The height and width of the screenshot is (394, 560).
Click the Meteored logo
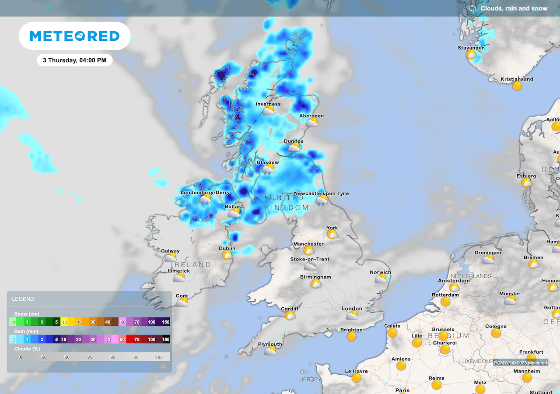tap(74, 36)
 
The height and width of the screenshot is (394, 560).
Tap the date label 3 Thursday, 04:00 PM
tap(74, 60)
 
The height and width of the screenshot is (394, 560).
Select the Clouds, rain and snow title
tap(514, 8)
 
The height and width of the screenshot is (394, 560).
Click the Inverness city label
tap(268, 104)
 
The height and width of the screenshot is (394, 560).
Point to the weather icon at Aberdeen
tap(311, 123)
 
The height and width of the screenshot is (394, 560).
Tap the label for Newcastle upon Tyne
tap(321, 193)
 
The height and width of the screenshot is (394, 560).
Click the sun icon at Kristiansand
tap(517, 86)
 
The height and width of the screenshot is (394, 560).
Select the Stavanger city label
tap(471, 48)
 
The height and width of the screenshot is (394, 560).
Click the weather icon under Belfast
tap(234, 213)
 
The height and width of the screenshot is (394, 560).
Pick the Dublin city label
tap(227, 248)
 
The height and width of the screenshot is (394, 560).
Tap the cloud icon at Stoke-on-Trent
tap(310, 266)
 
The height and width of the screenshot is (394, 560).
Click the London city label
tap(352, 309)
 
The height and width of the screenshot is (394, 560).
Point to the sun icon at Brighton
tap(351, 337)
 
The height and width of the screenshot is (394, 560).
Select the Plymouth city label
tap(270, 344)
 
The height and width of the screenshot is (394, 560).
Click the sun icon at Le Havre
tap(356, 378)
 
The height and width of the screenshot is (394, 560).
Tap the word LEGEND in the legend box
tap(23, 299)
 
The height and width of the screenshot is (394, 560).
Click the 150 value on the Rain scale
tap(166, 339)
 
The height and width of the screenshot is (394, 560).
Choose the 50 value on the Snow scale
tap(122, 322)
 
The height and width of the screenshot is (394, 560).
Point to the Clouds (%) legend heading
tap(29, 349)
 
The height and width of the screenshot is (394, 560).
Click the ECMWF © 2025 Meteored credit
tap(520, 362)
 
